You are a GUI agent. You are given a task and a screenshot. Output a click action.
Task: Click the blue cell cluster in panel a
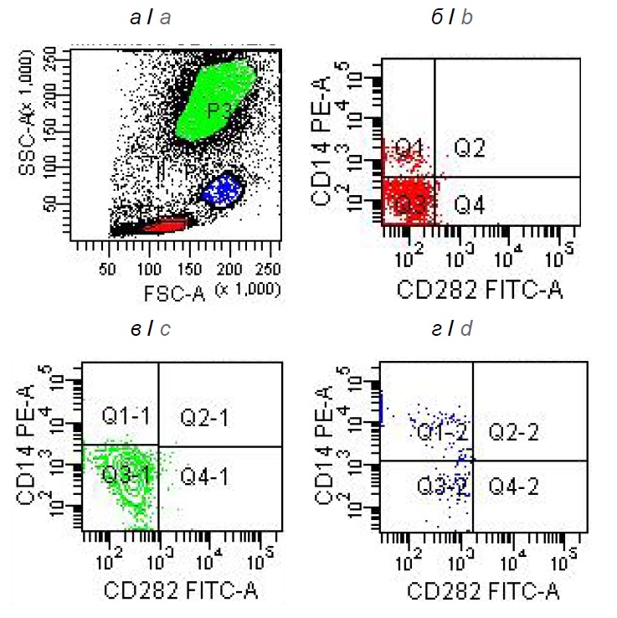point(222,189)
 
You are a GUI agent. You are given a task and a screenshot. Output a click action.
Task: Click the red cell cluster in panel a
point(165,225)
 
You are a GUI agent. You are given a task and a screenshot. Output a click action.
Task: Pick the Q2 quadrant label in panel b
point(470,149)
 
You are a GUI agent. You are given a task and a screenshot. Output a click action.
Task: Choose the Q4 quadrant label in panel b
point(470,203)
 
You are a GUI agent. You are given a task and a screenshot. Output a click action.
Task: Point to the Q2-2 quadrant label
point(512,431)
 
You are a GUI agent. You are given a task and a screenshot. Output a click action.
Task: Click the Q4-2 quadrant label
point(512,485)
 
